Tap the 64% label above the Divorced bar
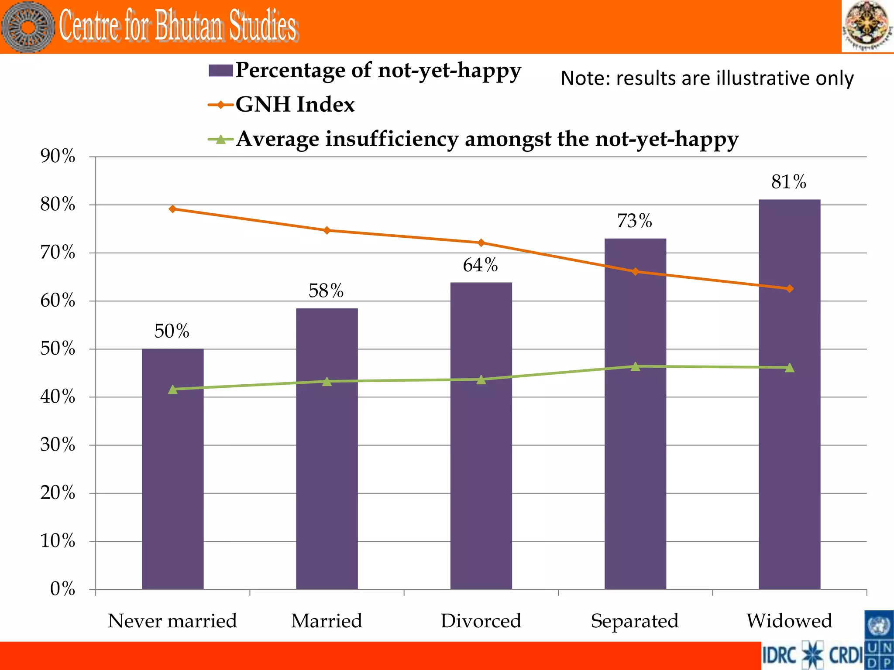(480, 265)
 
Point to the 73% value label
(634, 221)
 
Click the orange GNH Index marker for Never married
(173, 209)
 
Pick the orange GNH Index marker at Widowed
(789, 289)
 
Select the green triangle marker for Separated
(635, 367)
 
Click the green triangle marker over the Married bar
(327, 382)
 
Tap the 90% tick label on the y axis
(58, 156)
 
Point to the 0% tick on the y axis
(62, 589)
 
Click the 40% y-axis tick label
(58, 397)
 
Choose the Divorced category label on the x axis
(481, 621)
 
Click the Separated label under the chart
(635, 621)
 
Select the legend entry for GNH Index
(295, 105)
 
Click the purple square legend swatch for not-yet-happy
(220, 71)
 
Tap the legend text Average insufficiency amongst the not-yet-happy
(487, 139)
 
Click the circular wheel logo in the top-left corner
(28, 27)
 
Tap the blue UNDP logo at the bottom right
(879, 640)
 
